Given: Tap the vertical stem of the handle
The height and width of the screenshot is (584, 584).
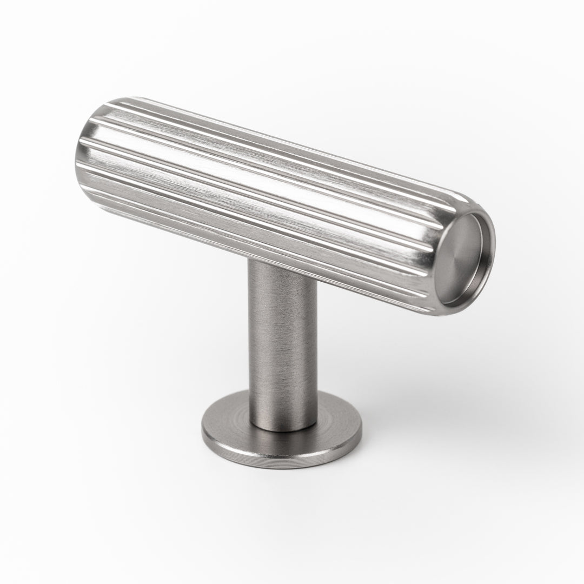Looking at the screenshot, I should (282, 346).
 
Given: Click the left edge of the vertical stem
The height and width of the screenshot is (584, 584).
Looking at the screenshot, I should (250, 346).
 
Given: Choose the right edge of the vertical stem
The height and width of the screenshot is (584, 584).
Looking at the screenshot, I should (316, 346).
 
